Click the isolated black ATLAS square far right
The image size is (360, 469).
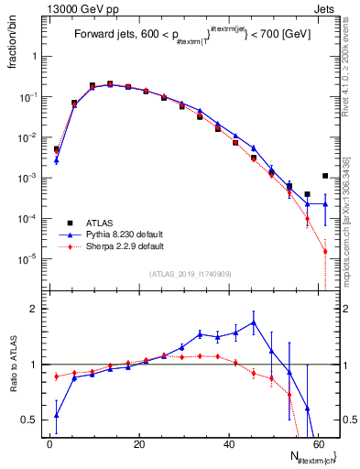[325, 176]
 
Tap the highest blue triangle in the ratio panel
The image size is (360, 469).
[254, 322]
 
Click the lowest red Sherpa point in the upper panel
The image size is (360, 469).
[325, 252]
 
